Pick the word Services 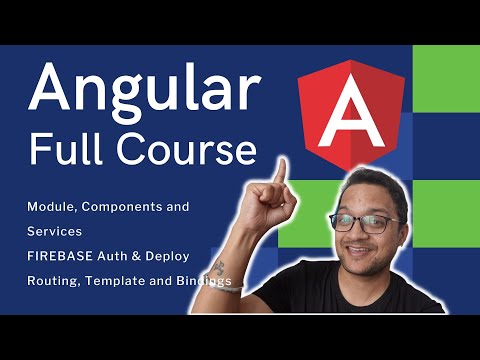tap(55, 231)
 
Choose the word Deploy tap(180, 257)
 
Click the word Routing tap(55, 281)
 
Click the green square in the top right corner tap(446, 78)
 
